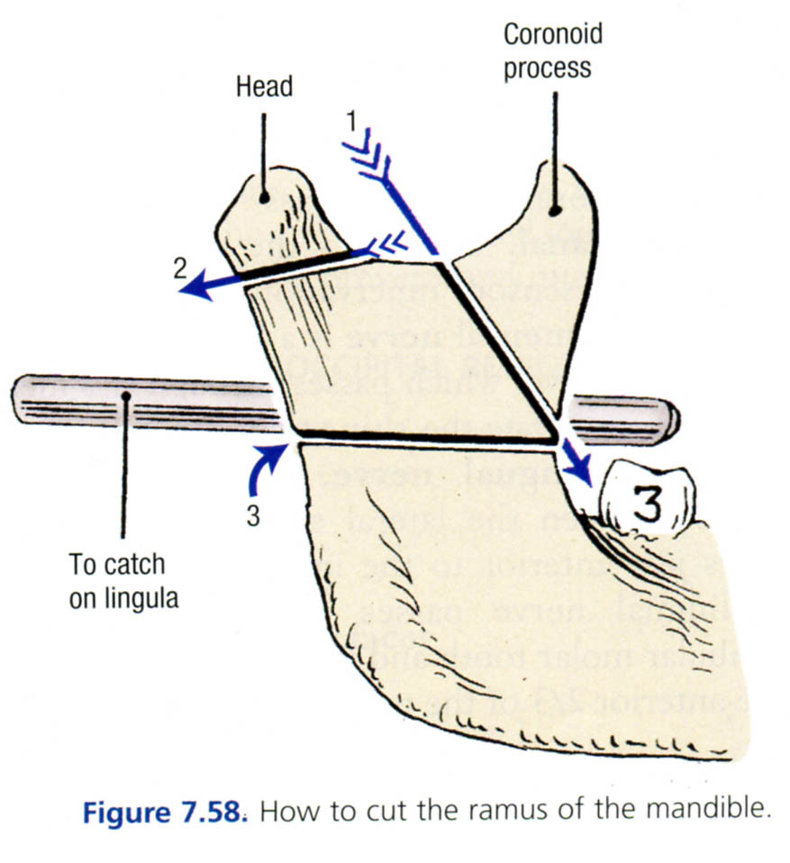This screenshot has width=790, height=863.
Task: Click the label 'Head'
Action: point(264,86)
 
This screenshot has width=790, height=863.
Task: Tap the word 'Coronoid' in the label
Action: point(552,36)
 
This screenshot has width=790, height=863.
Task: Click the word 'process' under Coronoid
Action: point(548,68)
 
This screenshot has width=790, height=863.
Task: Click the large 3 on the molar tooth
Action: point(647,504)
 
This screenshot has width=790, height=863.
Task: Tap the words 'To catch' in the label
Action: point(117,565)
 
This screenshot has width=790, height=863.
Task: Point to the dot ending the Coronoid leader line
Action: point(556,209)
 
